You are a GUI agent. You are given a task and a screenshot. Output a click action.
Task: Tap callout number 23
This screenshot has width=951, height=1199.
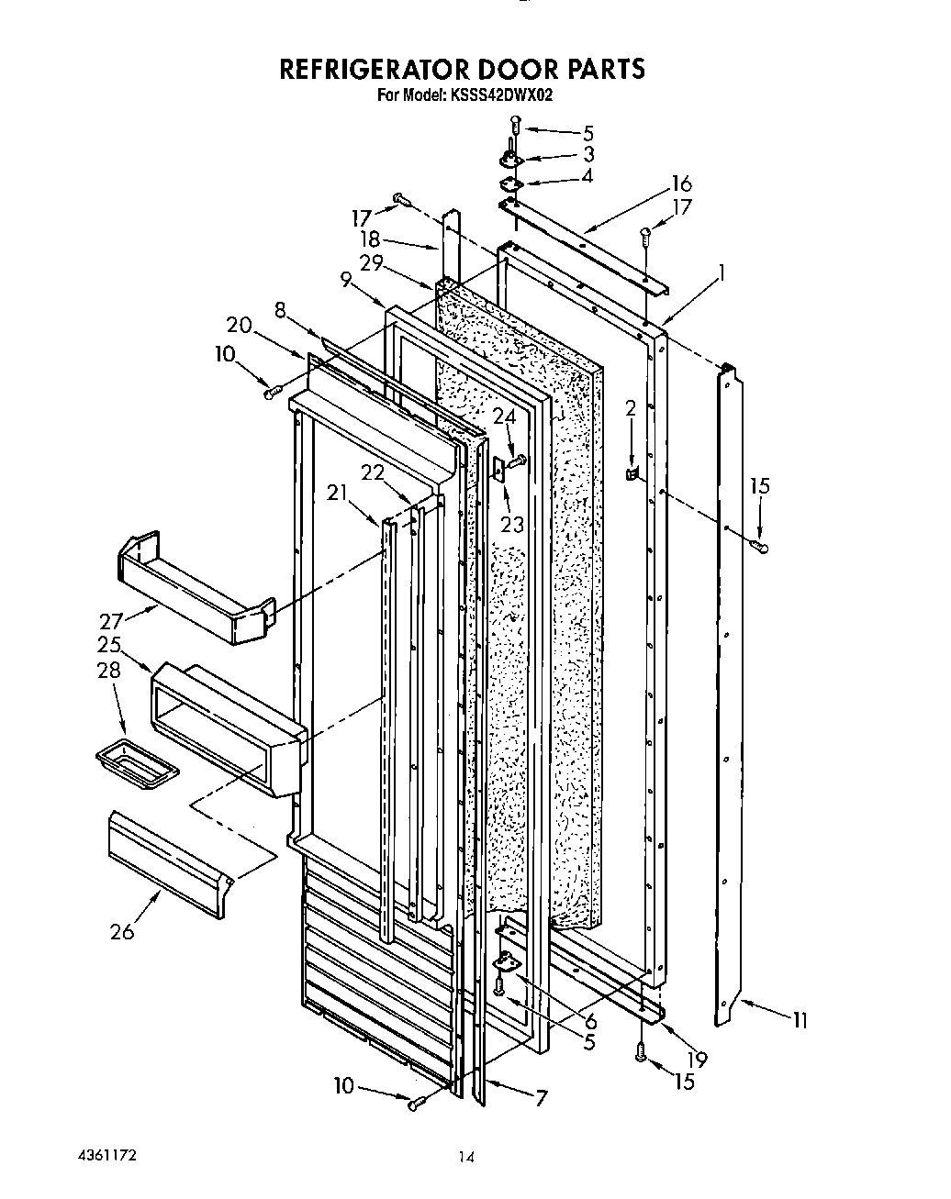[511, 525]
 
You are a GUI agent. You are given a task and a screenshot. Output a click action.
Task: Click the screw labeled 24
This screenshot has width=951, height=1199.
[517, 460]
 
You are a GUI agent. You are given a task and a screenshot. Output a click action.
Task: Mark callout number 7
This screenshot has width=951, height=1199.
[542, 1097]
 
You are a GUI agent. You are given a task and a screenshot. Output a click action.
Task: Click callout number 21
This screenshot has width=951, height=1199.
[338, 493]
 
